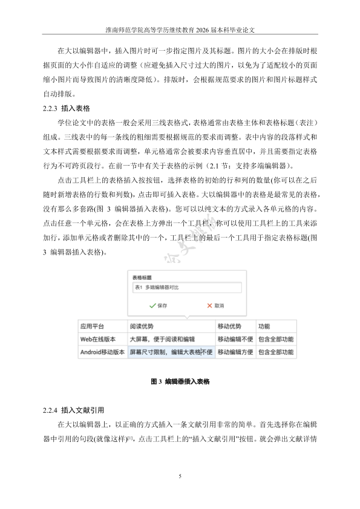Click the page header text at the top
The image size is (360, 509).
180,28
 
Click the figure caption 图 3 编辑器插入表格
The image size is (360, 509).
180,382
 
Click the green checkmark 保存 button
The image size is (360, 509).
159,306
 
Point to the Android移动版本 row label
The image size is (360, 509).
102,352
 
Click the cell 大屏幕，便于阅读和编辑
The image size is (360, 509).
162,339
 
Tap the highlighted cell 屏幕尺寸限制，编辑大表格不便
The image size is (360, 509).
171,352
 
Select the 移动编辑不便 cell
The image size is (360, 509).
235,339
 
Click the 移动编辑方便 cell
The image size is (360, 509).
235,352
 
